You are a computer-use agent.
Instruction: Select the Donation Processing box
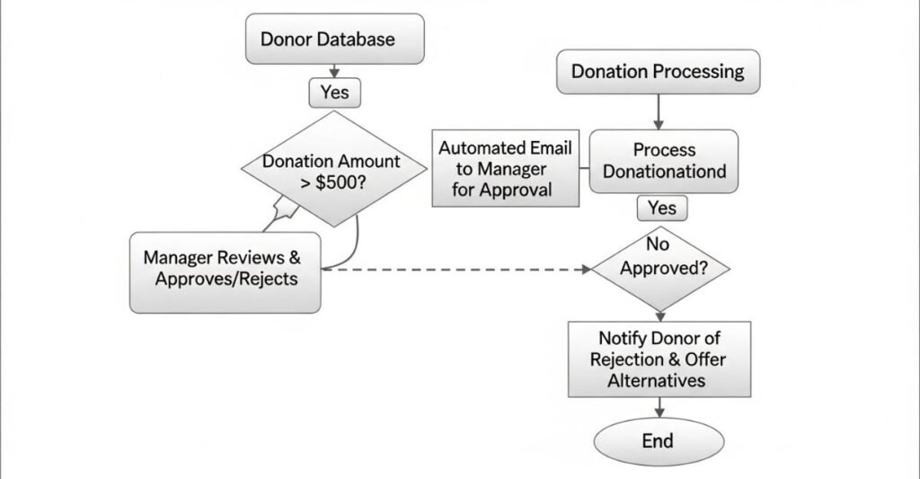(658, 71)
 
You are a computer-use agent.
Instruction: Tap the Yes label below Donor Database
(334, 92)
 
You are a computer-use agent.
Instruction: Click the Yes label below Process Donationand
(661, 208)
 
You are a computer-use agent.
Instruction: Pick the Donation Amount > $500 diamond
(333, 172)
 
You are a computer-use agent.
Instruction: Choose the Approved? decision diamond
(660, 268)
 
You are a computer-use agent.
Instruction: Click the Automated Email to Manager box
(505, 168)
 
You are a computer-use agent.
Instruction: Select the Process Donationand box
(663, 161)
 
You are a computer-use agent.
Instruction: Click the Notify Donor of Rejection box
(659, 359)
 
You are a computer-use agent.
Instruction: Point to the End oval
(659, 441)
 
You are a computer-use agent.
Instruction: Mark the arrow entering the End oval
(659, 408)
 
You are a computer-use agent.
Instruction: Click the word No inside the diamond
(659, 244)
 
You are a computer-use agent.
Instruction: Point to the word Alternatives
(659, 380)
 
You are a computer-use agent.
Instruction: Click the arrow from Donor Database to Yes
(334, 71)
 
